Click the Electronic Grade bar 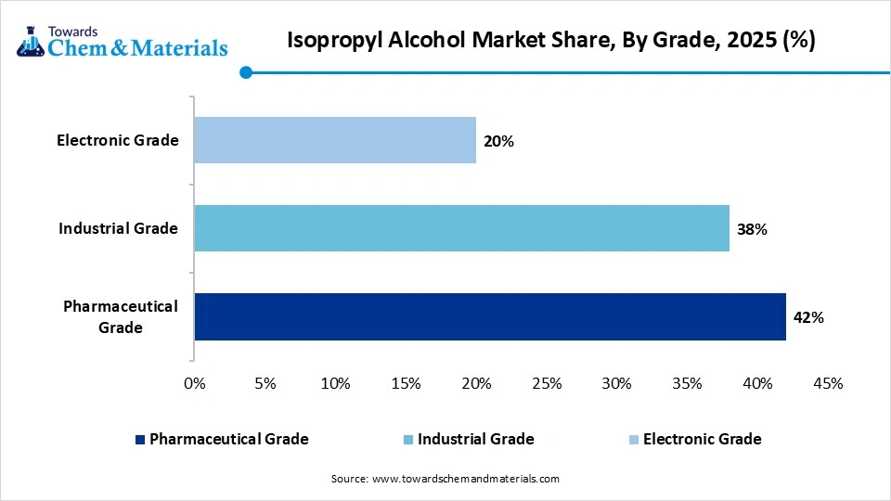tap(335, 140)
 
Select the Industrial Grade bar tap(461, 228)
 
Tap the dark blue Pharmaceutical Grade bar tap(490, 317)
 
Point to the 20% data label tap(498, 141)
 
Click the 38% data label tap(752, 229)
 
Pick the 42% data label tap(808, 317)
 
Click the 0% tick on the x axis tap(194, 383)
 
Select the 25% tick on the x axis tap(547, 383)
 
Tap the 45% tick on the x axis tap(828, 383)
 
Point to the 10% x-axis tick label tap(335, 383)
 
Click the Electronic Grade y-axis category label tap(117, 140)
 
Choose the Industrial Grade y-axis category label tap(118, 228)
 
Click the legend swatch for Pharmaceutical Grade tap(140, 440)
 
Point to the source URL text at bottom tap(445, 479)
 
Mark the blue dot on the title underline tap(245, 72)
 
